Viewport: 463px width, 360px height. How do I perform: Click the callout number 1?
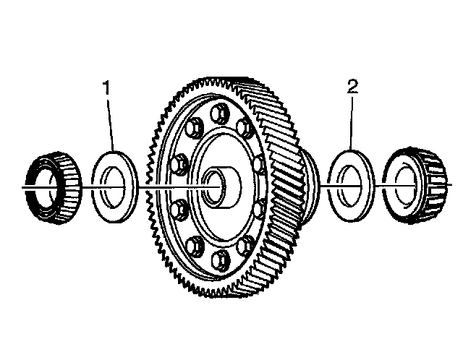click(x=108, y=89)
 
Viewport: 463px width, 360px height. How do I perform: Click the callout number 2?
click(x=352, y=87)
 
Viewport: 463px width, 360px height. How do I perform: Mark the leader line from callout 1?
click(x=111, y=123)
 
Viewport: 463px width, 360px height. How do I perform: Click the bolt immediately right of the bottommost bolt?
click(x=247, y=244)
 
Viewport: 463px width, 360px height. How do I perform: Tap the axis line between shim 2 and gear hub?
click(x=322, y=187)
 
